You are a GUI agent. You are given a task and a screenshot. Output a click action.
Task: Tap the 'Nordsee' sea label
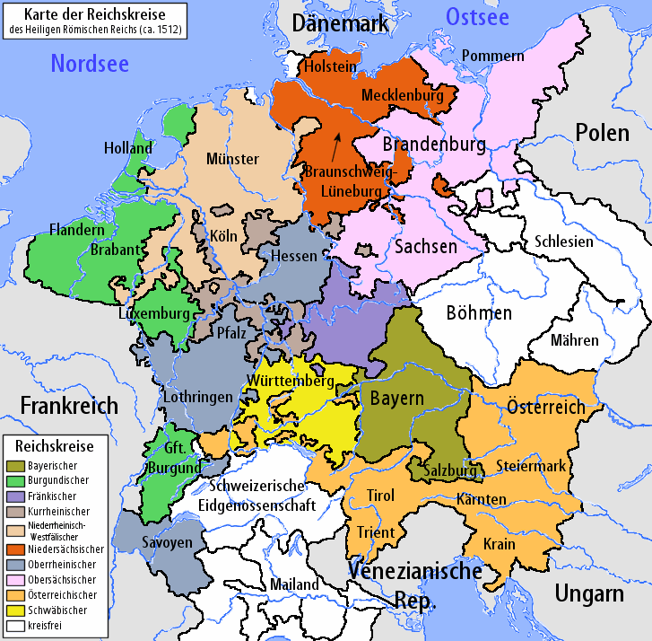90,63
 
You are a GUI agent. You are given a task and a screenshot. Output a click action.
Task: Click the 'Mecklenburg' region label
403,94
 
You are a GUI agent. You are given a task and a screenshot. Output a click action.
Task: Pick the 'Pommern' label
492,56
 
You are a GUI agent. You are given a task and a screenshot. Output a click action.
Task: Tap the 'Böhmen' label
479,312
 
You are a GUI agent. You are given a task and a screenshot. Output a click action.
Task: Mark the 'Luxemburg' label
153,313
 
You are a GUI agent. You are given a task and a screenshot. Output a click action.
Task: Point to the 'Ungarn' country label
588,593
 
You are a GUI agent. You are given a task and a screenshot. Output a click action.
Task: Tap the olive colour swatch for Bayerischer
15,465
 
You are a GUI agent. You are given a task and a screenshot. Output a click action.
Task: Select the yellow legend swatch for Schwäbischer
15,610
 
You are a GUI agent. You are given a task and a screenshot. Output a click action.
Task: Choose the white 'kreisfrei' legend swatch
15,624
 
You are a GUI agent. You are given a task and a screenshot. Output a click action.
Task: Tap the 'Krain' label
499,544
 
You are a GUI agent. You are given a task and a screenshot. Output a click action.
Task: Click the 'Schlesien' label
563,241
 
